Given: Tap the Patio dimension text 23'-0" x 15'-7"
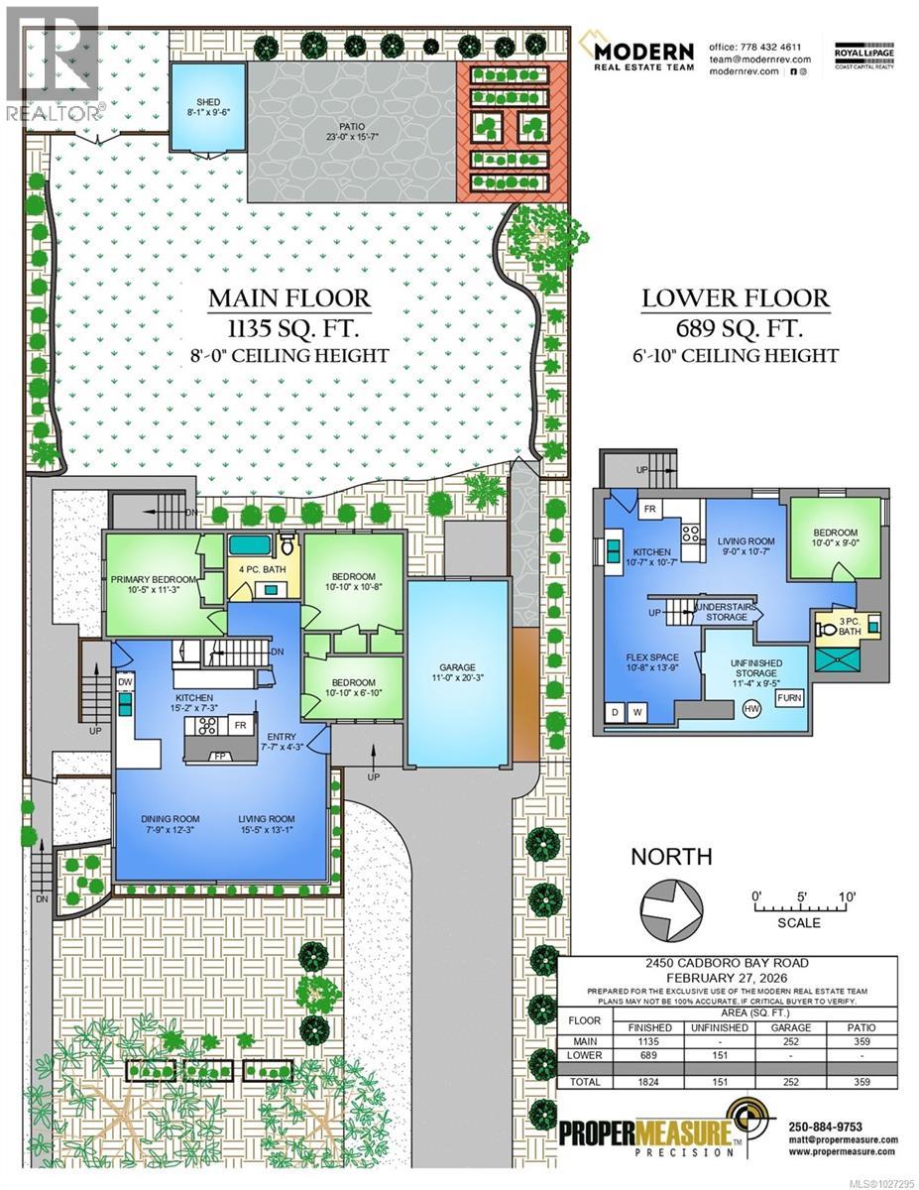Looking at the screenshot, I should (352, 137).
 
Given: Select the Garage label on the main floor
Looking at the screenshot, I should (458, 667).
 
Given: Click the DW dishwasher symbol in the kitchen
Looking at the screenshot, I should (126, 682).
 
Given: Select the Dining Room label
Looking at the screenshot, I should (171, 819).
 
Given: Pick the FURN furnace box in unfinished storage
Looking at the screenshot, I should (790, 698).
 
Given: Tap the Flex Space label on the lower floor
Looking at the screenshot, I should (650, 655).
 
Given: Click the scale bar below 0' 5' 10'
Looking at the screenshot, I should (799, 907).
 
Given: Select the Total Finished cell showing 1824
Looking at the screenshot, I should (649, 1082).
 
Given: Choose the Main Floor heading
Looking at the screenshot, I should (288, 298).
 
